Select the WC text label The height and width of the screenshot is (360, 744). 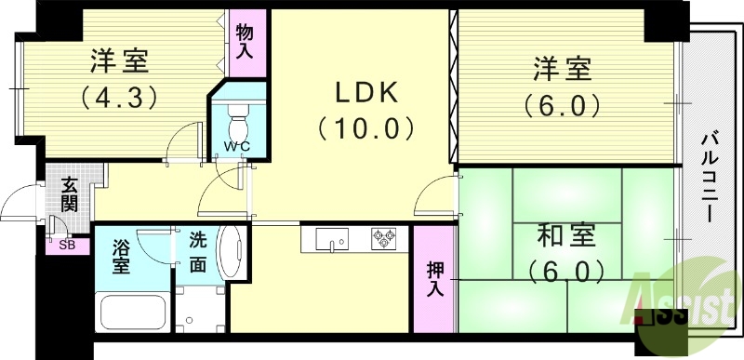pos(236,147)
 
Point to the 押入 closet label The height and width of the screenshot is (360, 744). pos(434,279)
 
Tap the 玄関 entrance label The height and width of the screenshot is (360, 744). pos(70,193)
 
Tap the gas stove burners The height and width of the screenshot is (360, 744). pos(383,240)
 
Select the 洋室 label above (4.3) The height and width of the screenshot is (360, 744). pos(119,62)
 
